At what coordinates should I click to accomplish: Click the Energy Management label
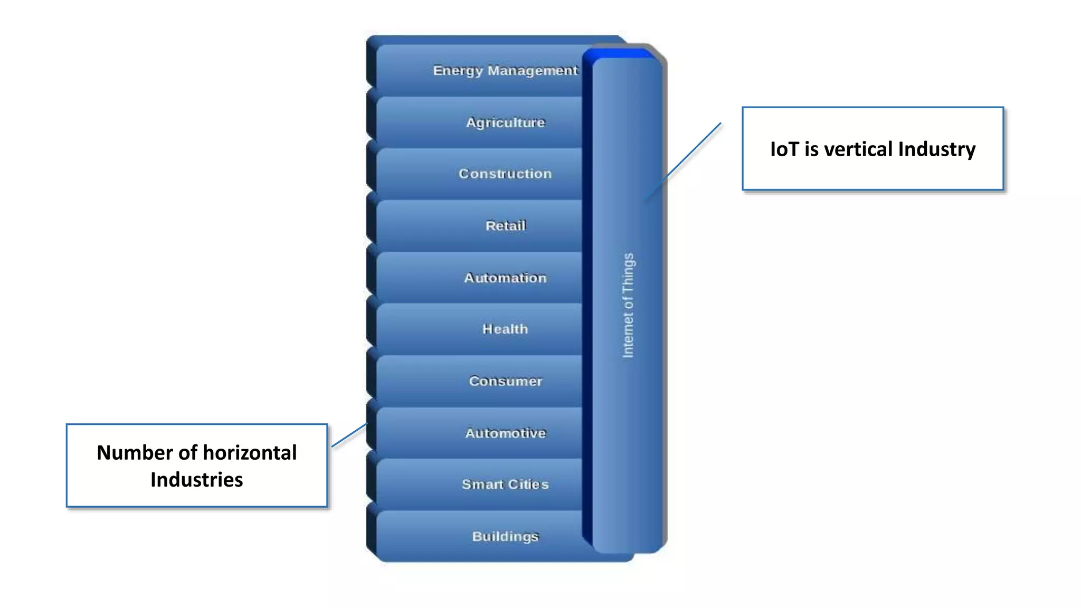505,70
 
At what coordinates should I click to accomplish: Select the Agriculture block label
505,122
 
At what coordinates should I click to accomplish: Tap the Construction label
505,174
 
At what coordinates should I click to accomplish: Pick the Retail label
505,225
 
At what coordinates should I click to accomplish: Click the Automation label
505,278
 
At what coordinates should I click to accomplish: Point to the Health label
505,329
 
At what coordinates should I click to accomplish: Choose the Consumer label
505,381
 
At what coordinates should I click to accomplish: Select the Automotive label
505,433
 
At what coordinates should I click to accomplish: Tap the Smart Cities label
505,484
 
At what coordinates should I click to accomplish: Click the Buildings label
505,536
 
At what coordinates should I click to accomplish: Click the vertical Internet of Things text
628,305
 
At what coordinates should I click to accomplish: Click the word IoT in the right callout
784,149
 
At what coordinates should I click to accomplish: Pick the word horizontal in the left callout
250,453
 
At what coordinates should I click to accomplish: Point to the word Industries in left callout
196,480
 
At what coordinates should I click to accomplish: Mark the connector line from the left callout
349,435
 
